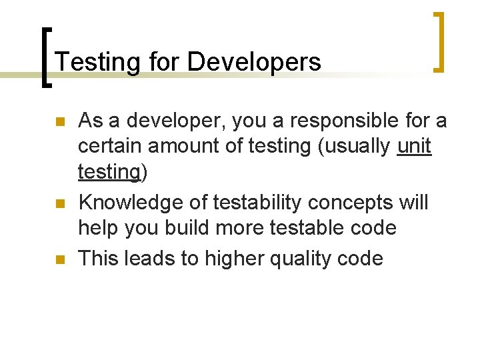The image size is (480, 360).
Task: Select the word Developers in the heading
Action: (x=254, y=62)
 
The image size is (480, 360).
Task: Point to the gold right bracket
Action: (x=439, y=41)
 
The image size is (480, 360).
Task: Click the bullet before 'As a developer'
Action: (x=59, y=123)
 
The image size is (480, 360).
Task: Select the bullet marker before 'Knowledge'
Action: (x=59, y=204)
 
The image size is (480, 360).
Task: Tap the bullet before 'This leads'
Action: (x=59, y=259)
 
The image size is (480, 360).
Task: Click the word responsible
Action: (x=315, y=121)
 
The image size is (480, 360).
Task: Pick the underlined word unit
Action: (x=414, y=147)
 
